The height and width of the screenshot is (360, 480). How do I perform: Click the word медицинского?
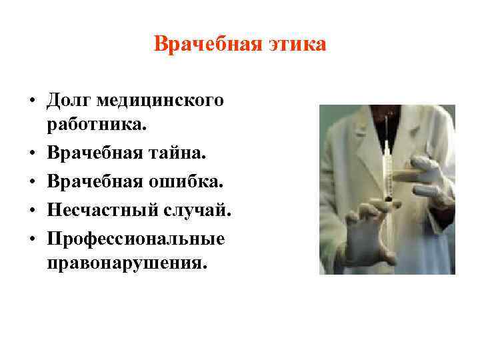tap(159, 101)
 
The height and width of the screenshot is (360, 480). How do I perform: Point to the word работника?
tap(95, 124)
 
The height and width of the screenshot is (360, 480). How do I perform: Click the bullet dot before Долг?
tap(32, 101)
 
